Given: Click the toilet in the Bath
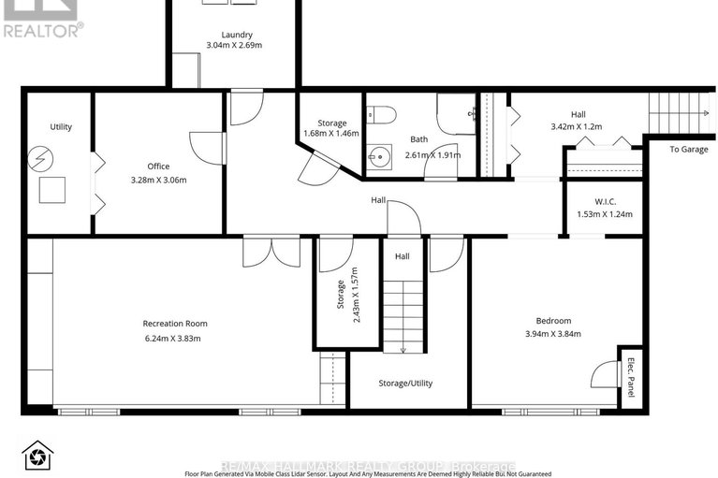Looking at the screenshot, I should [x=382, y=115].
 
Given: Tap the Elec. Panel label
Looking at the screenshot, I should [x=631, y=378].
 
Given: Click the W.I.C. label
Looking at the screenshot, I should [x=604, y=200].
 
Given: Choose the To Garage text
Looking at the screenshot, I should [x=688, y=149].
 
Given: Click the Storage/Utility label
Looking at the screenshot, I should [x=405, y=383].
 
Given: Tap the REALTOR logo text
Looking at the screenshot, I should [x=43, y=29].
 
